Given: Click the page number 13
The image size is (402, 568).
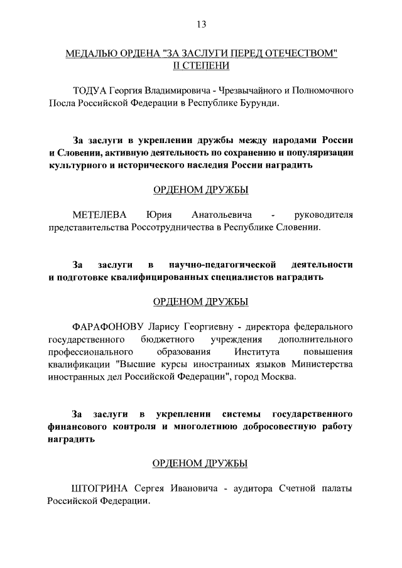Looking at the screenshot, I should (x=200, y=24).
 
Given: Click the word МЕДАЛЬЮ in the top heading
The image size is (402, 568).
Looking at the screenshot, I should (x=95, y=53).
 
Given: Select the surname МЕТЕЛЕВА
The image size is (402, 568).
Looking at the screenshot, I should (x=100, y=215).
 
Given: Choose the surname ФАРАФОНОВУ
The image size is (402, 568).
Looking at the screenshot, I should (x=109, y=326).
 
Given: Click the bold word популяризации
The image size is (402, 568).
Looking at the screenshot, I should (x=318, y=153).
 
